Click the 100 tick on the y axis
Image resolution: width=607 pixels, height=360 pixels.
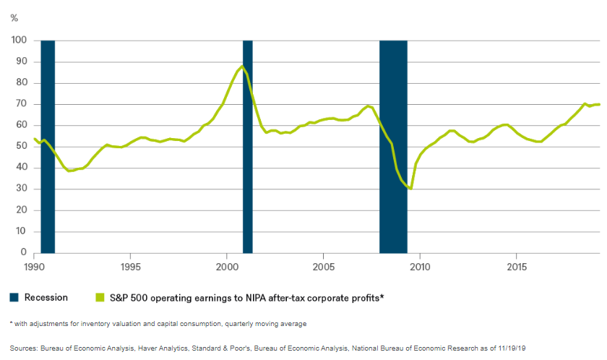[20, 40]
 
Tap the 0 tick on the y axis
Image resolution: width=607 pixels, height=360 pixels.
[24, 253]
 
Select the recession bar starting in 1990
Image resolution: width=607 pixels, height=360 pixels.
[48, 145]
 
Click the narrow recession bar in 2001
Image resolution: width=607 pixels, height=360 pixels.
[247, 145]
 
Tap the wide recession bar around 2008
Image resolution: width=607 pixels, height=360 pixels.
[393, 145]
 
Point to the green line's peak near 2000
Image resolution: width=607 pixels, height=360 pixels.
[242, 67]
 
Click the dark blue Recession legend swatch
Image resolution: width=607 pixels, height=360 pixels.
[14, 297]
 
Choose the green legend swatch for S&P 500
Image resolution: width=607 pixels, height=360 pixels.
[100, 297]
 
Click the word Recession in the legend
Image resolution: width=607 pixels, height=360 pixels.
[46, 297]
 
